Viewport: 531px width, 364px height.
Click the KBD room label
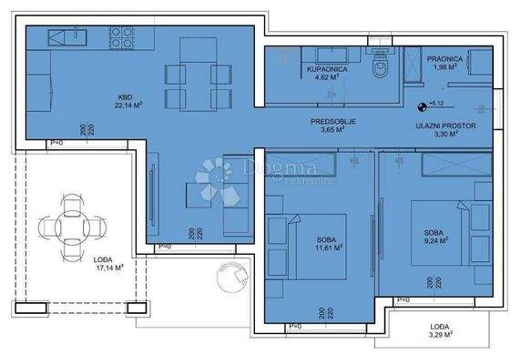click(x=125, y=97)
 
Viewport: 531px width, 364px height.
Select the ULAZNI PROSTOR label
click(x=441, y=126)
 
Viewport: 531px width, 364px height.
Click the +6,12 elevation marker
click(x=435, y=105)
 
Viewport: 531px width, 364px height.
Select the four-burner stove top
click(x=123, y=36)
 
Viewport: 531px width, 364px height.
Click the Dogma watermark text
click(x=274, y=167)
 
